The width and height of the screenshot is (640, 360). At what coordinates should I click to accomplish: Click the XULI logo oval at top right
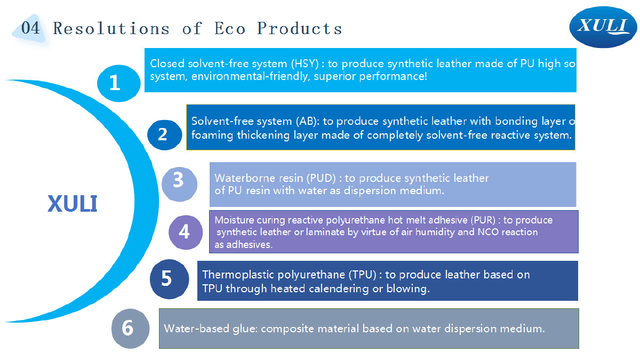pyautogui.click(x=603, y=27)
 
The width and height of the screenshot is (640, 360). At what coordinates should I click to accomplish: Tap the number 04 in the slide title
pyautogui.click(x=30, y=28)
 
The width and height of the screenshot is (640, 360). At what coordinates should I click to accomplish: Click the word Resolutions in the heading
pyautogui.click(x=111, y=28)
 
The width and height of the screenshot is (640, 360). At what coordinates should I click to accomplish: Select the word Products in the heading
pyautogui.click(x=299, y=28)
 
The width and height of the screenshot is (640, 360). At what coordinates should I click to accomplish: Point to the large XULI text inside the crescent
pyautogui.click(x=73, y=203)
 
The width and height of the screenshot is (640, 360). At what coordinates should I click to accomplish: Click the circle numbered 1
pyautogui.click(x=118, y=83)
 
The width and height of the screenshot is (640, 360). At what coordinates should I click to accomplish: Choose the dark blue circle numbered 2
pyautogui.click(x=165, y=135)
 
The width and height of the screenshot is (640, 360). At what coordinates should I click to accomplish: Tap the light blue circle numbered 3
pyautogui.click(x=179, y=185)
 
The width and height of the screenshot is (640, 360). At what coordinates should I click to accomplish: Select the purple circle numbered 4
pyautogui.click(x=186, y=233)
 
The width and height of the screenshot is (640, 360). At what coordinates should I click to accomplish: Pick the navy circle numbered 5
pyautogui.click(x=169, y=279)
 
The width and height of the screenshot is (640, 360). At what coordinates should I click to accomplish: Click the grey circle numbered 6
pyautogui.click(x=130, y=329)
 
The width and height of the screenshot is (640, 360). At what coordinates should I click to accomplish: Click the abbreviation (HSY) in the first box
pyautogui.click(x=305, y=63)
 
